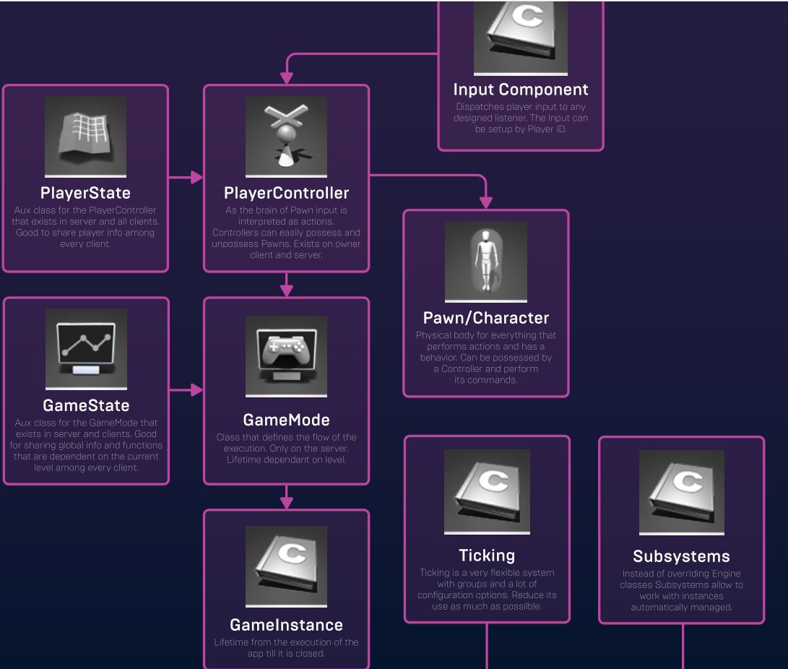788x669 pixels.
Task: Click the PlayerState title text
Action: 85,193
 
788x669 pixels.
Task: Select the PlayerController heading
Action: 286,193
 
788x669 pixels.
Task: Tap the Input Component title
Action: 520,90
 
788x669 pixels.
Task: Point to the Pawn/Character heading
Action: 485,318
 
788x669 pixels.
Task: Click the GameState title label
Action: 86,405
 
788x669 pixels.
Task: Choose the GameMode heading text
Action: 286,420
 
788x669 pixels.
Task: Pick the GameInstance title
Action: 286,625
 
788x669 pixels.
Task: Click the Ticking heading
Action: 487,556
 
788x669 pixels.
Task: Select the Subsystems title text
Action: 681,556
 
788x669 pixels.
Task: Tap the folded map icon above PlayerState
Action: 85,136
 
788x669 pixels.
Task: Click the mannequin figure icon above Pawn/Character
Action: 485,260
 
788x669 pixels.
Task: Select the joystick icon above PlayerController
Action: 286,136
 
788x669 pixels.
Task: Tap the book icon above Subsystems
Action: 681,491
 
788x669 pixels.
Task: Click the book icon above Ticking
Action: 487,491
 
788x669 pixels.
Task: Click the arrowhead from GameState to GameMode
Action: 197,390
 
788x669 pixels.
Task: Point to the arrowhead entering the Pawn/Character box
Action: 485,203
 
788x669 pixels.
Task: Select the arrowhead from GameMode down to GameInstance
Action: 286,503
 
